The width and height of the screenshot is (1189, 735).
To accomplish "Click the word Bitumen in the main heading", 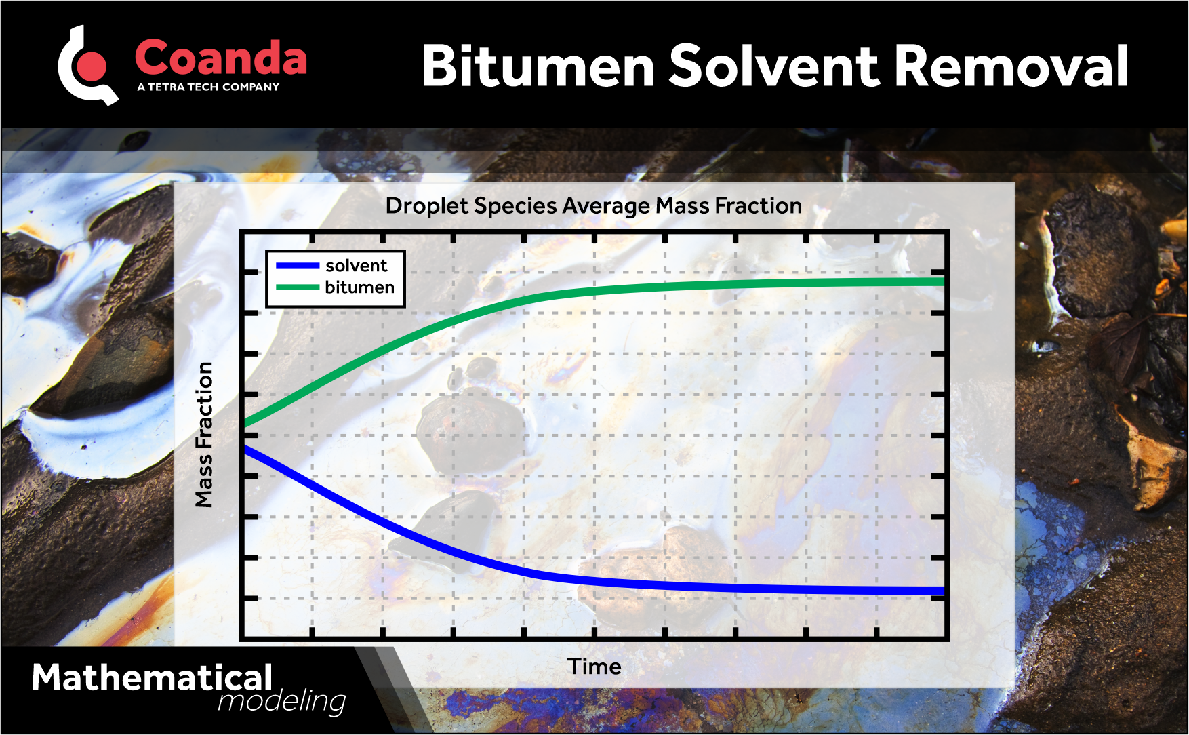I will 538,66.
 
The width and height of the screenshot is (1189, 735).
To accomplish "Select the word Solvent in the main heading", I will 773,66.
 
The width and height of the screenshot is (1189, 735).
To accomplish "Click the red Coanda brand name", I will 221,58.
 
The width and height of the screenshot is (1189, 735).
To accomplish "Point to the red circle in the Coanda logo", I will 93,66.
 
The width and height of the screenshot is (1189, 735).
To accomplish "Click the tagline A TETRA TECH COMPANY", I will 208,87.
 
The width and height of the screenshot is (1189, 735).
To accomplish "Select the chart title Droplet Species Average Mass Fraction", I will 593,205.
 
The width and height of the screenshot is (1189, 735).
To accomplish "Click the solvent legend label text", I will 356,265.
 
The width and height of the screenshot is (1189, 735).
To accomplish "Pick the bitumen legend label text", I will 359,287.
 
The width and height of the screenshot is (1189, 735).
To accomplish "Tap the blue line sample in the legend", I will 298,265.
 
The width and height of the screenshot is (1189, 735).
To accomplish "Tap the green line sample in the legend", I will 298,287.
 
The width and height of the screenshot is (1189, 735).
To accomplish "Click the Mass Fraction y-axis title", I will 204,435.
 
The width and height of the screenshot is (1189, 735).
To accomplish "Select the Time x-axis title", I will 594,667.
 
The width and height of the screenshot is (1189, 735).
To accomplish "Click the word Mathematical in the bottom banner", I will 152,677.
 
